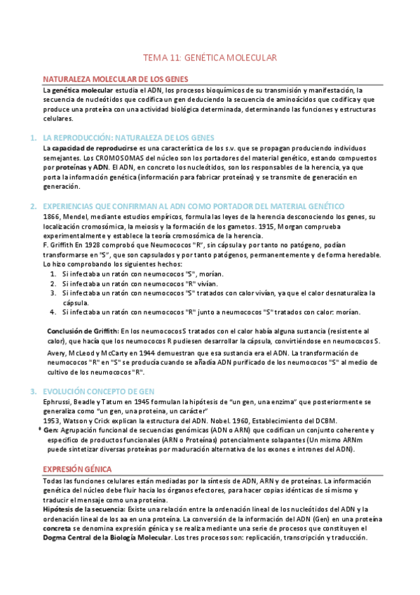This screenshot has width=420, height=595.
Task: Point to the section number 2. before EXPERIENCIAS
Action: tap(33, 206)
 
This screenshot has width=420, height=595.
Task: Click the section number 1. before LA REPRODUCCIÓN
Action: tap(33, 138)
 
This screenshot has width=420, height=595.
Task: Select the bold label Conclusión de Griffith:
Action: tap(83, 330)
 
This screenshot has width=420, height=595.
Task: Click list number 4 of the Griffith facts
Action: tap(53, 312)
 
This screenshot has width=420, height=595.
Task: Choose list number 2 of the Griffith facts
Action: tap(53, 283)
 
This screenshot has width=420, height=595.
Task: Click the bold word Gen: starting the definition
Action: tap(50, 429)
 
